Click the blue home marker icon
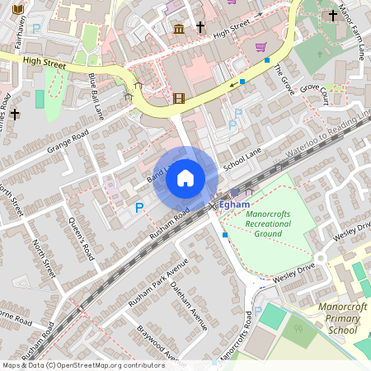click(x=185, y=177)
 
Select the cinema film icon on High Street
click(x=179, y=100)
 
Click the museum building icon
click(x=179, y=31)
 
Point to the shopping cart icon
click(x=261, y=47)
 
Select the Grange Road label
click(x=67, y=136)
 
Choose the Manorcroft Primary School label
click(x=331, y=317)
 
